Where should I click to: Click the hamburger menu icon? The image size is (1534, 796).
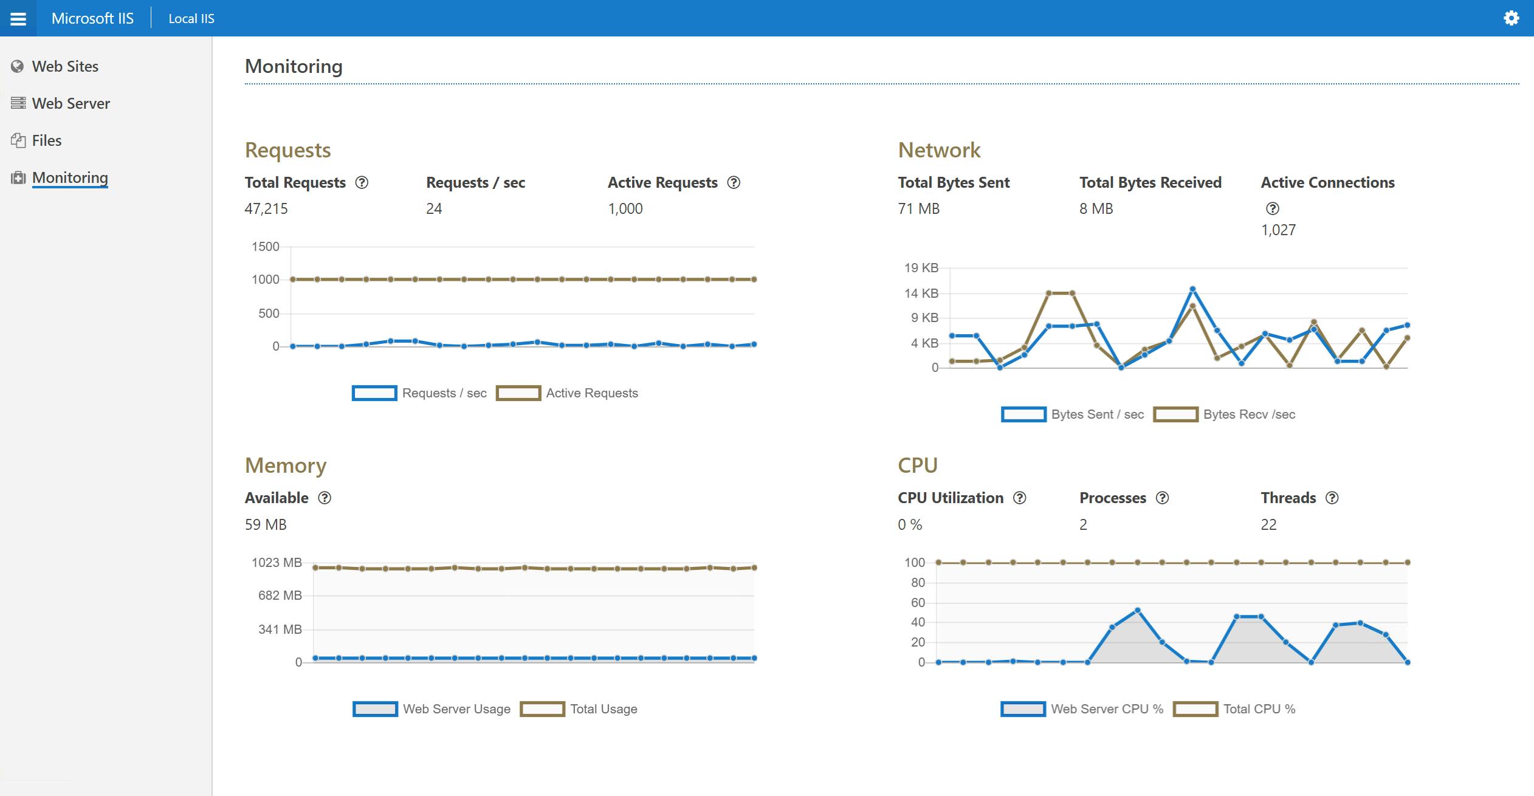pyautogui.click(x=18, y=19)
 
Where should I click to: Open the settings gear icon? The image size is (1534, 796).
pyautogui.click(x=1511, y=18)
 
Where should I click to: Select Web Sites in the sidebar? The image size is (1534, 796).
pyautogui.click(x=64, y=66)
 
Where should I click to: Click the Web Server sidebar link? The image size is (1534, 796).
pyautogui.click(x=71, y=103)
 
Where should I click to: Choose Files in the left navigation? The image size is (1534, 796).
pyautogui.click(x=46, y=140)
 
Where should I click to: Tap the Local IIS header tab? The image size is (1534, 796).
pyautogui.click(x=191, y=19)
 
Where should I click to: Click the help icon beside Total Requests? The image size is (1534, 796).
pyautogui.click(x=362, y=182)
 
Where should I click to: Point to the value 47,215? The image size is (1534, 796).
pyautogui.click(x=266, y=208)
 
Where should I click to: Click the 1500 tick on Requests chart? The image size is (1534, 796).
pyautogui.click(x=265, y=247)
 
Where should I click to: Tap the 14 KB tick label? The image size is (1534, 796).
pyautogui.click(x=921, y=293)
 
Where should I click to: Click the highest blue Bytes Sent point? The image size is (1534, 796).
pyautogui.click(x=1192, y=289)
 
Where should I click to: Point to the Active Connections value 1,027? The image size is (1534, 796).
pyautogui.click(x=1278, y=230)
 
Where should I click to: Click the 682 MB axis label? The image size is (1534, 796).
pyautogui.click(x=280, y=595)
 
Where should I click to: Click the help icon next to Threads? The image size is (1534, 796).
pyautogui.click(x=1332, y=498)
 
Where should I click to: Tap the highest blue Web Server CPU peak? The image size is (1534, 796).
pyautogui.click(x=1137, y=610)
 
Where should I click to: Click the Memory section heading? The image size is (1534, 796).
pyautogui.click(x=286, y=465)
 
